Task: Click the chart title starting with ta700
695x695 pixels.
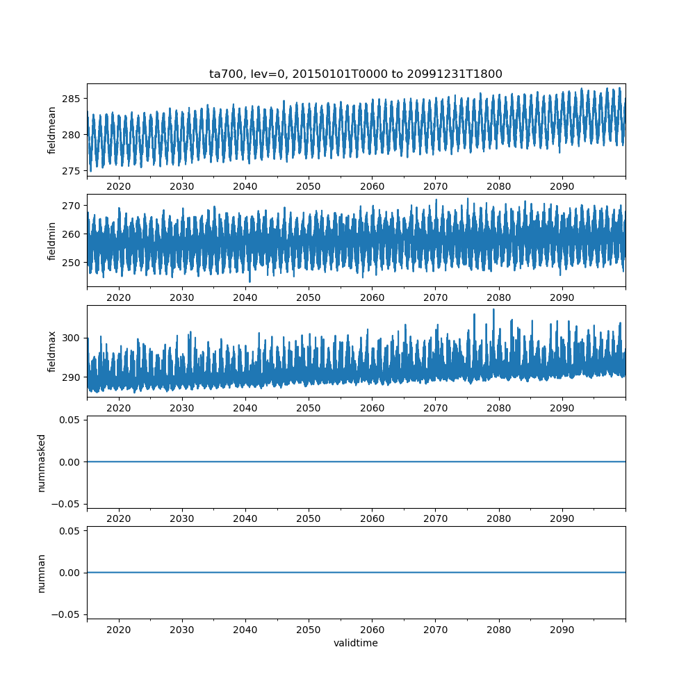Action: pos(355,74)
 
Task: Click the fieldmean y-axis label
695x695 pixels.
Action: pos(51,131)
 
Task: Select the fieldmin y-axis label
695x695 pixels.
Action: pos(51,241)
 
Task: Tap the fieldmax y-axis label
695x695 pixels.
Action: pos(51,352)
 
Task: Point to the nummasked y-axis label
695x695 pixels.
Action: pos(41,463)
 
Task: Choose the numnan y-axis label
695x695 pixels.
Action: pos(41,573)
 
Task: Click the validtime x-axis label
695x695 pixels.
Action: pos(356,643)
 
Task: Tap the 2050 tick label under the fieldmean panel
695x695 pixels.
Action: pos(309,186)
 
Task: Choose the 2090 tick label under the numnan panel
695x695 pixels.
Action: pos(562,630)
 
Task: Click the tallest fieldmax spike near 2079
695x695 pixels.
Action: pos(493,310)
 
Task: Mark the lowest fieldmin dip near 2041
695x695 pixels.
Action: pos(250,281)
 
